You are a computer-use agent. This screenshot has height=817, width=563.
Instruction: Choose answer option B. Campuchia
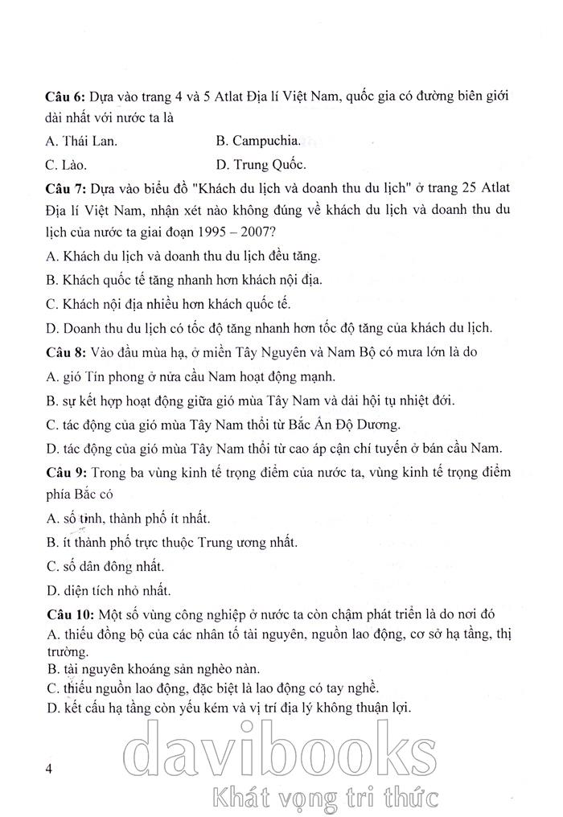[259, 141]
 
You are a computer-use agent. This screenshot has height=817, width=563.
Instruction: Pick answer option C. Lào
[67, 166]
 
